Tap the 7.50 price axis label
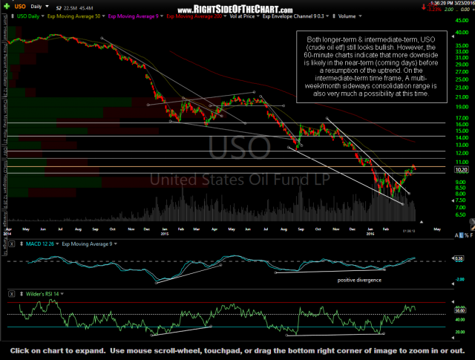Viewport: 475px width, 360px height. tap(461, 199)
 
